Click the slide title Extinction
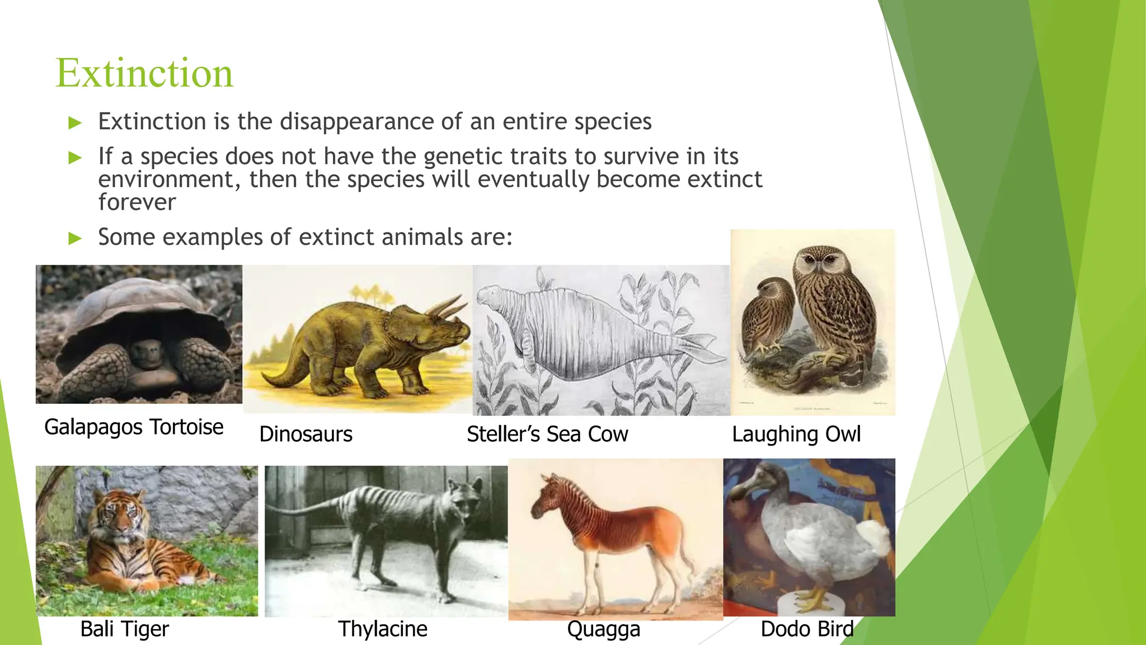(144, 73)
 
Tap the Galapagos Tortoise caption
(134, 427)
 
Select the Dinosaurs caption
(306, 434)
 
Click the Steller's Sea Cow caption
(547, 434)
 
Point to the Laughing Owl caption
(796, 434)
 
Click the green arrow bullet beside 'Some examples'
(75, 239)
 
